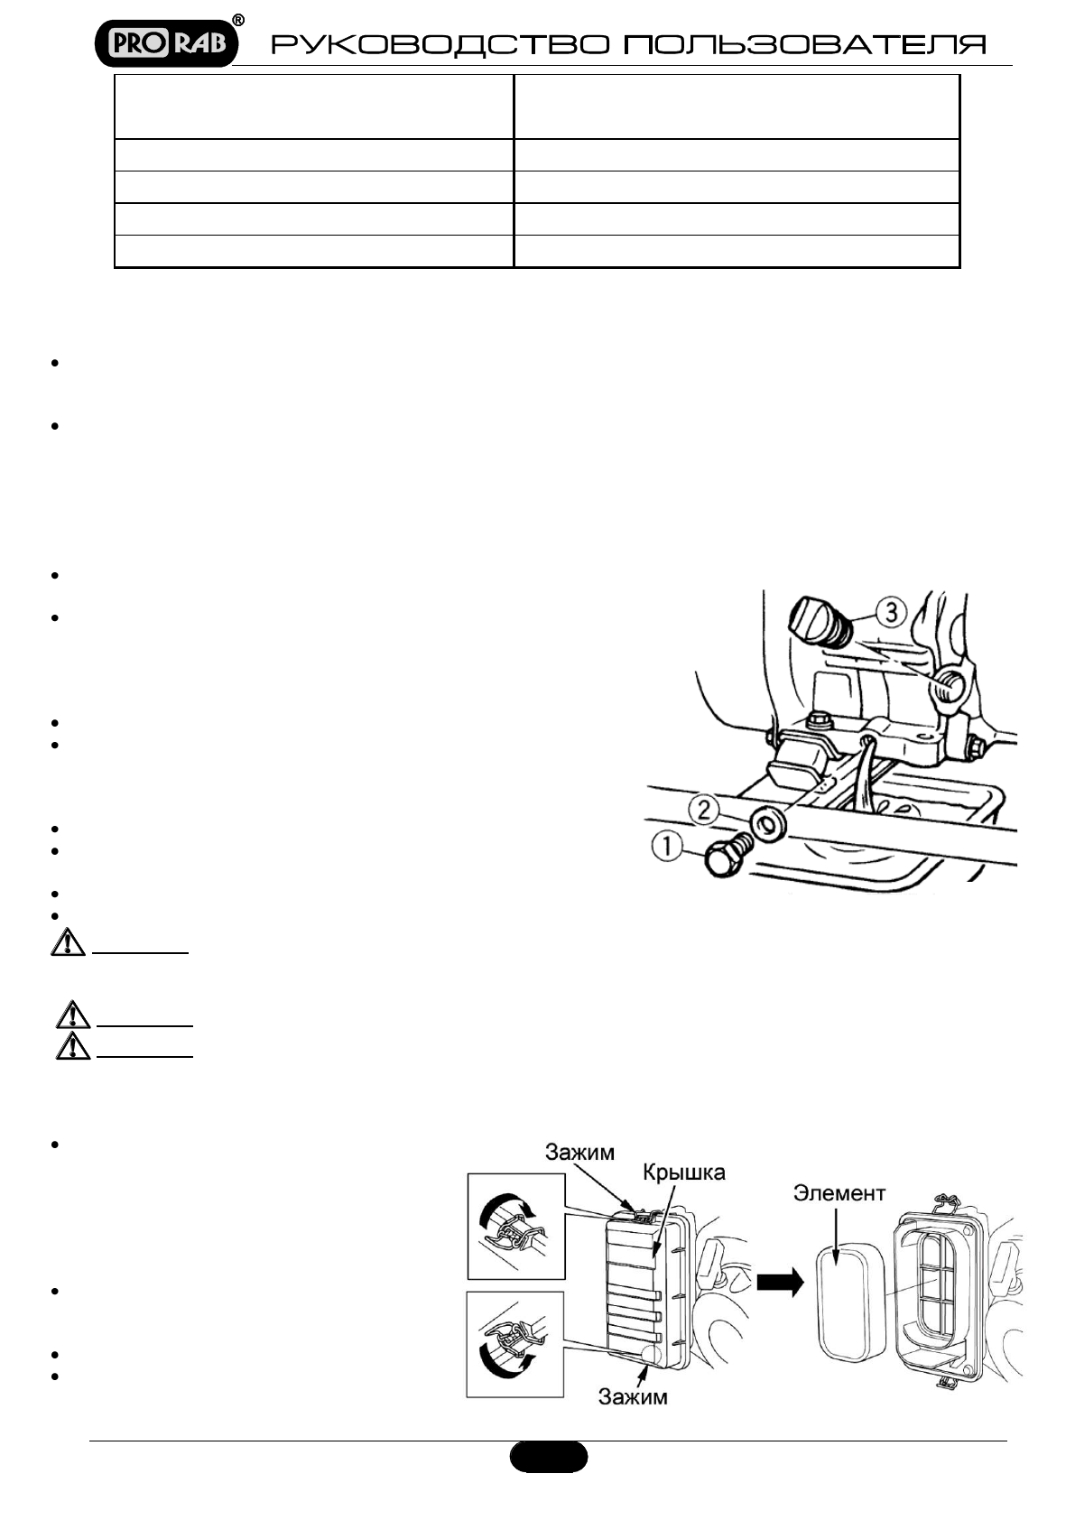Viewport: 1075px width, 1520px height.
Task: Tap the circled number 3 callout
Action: point(890,613)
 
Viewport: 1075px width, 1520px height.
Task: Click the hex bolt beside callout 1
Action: point(725,857)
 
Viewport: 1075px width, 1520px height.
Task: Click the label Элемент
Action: point(839,1193)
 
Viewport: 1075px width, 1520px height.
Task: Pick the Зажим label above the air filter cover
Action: point(579,1152)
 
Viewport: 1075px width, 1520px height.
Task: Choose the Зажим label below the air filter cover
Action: point(633,1396)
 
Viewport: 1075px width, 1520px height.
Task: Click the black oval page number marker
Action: point(549,1456)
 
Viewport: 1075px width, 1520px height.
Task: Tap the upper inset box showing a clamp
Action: point(515,1226)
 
